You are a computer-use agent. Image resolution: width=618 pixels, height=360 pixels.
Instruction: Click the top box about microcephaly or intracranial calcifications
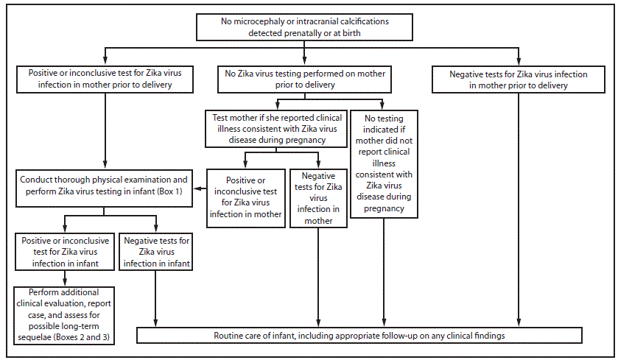[x=305, y=27]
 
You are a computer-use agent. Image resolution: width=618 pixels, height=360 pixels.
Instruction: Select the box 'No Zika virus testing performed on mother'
[x=304, y=79]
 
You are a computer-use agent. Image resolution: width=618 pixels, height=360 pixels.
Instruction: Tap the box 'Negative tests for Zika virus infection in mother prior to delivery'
[x=519, y=79]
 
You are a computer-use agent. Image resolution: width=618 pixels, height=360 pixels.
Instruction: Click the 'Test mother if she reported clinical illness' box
[x=275, y=127]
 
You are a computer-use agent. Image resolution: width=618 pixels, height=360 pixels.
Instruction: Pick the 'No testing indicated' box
[x=385, y=162]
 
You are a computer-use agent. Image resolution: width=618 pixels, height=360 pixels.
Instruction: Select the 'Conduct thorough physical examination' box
[x=104, y=186]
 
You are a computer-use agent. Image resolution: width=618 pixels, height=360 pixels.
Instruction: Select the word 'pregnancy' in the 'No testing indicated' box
[x=385, y=208]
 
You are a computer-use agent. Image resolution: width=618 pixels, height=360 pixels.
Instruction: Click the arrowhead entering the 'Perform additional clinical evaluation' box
[x=66, y=282]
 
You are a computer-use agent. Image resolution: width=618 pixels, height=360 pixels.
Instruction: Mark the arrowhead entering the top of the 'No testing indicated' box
[x=384, y=105]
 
